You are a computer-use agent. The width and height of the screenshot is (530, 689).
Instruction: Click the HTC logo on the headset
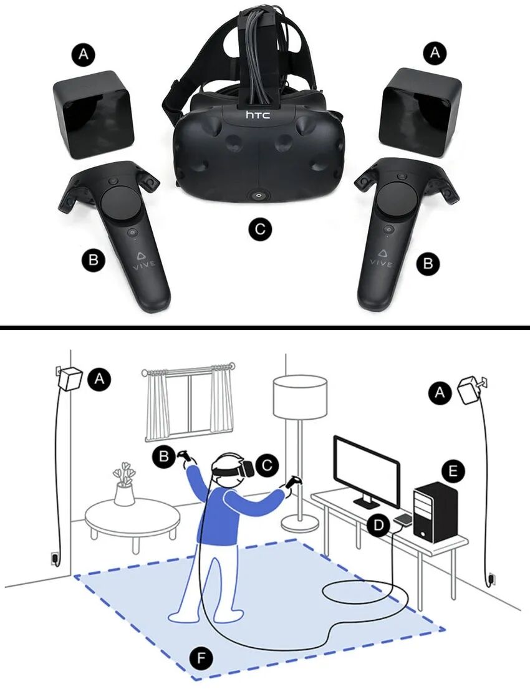coord(258,115)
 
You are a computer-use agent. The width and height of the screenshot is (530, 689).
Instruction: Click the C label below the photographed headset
coord(259,229)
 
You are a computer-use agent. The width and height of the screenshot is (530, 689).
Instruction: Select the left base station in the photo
coord(94,115)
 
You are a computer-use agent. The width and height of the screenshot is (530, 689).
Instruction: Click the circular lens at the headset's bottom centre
coord(258,195)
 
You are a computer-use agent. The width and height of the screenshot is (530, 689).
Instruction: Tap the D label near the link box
coord(378,524)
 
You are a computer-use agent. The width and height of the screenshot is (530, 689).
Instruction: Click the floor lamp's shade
coord(301,397)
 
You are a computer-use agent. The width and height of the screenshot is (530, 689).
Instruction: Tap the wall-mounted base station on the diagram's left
coord(69,378)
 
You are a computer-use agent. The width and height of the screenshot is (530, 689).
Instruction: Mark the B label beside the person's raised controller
coord(163,456)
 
